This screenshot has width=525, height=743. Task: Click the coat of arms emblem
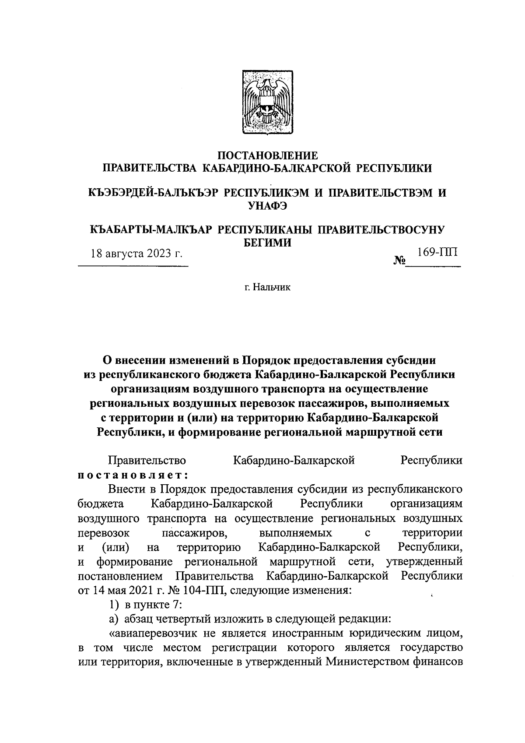(267, 102)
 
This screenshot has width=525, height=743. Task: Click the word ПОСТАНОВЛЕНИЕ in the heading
(267, 155)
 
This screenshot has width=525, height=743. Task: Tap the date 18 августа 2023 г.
(136, 254)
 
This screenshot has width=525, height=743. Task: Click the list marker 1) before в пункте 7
(114, 605)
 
